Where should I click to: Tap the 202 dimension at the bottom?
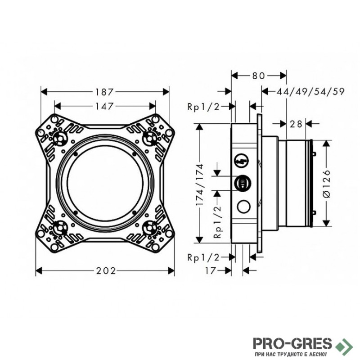tap(106, 270)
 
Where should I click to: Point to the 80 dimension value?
tap(258, 76)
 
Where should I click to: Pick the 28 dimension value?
tap(296, 124)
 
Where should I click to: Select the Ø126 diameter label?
tap(327, 183)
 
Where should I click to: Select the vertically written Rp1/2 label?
tap(217, 223)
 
